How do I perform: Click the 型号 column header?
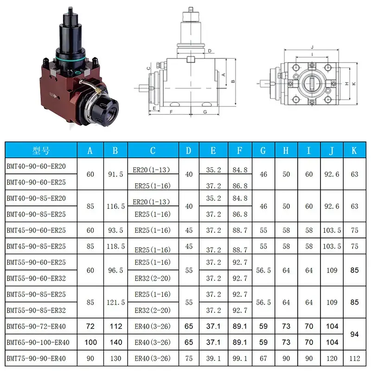[41, 150]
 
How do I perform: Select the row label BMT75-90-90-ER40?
[36, 358]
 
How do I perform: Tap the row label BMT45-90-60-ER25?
[36, 230]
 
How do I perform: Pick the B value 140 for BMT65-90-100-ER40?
[115, 342]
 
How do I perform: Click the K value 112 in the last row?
[354, 358]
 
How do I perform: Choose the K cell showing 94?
[354, 334]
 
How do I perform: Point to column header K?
[354, 150]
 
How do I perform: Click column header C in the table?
[153, 150]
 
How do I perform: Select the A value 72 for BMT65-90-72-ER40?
[90, 326]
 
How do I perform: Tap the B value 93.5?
[115, 230]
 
